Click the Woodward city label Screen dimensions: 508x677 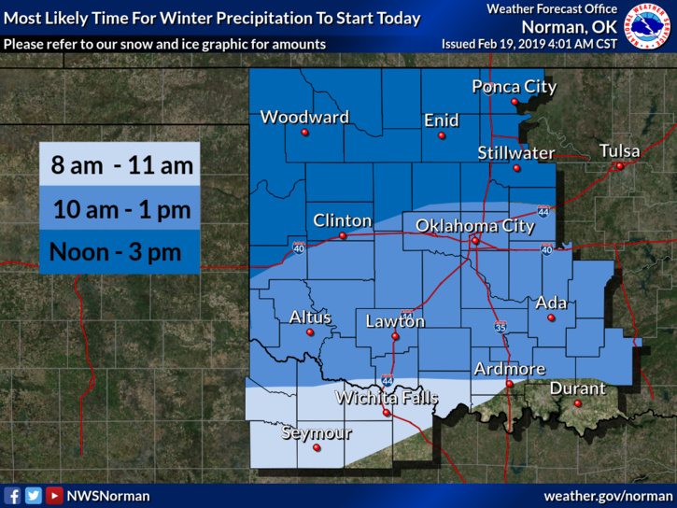304,118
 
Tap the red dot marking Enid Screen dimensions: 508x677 442,135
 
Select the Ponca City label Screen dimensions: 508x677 514,87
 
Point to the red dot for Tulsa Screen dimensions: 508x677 618,166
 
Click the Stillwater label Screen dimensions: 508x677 515,152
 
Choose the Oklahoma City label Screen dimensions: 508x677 474,225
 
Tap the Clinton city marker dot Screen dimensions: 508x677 343,236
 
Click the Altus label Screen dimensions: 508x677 310,317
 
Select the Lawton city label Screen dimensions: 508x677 395,321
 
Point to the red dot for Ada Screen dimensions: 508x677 551,318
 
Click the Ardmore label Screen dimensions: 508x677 509,369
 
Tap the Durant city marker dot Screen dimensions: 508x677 577,403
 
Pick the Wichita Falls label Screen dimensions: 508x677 387,398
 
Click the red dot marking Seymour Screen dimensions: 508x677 317,448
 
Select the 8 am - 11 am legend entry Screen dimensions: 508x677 120,166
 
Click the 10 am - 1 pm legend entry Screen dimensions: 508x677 120,209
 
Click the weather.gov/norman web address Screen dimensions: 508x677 608,496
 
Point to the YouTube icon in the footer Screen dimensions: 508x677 54,496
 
